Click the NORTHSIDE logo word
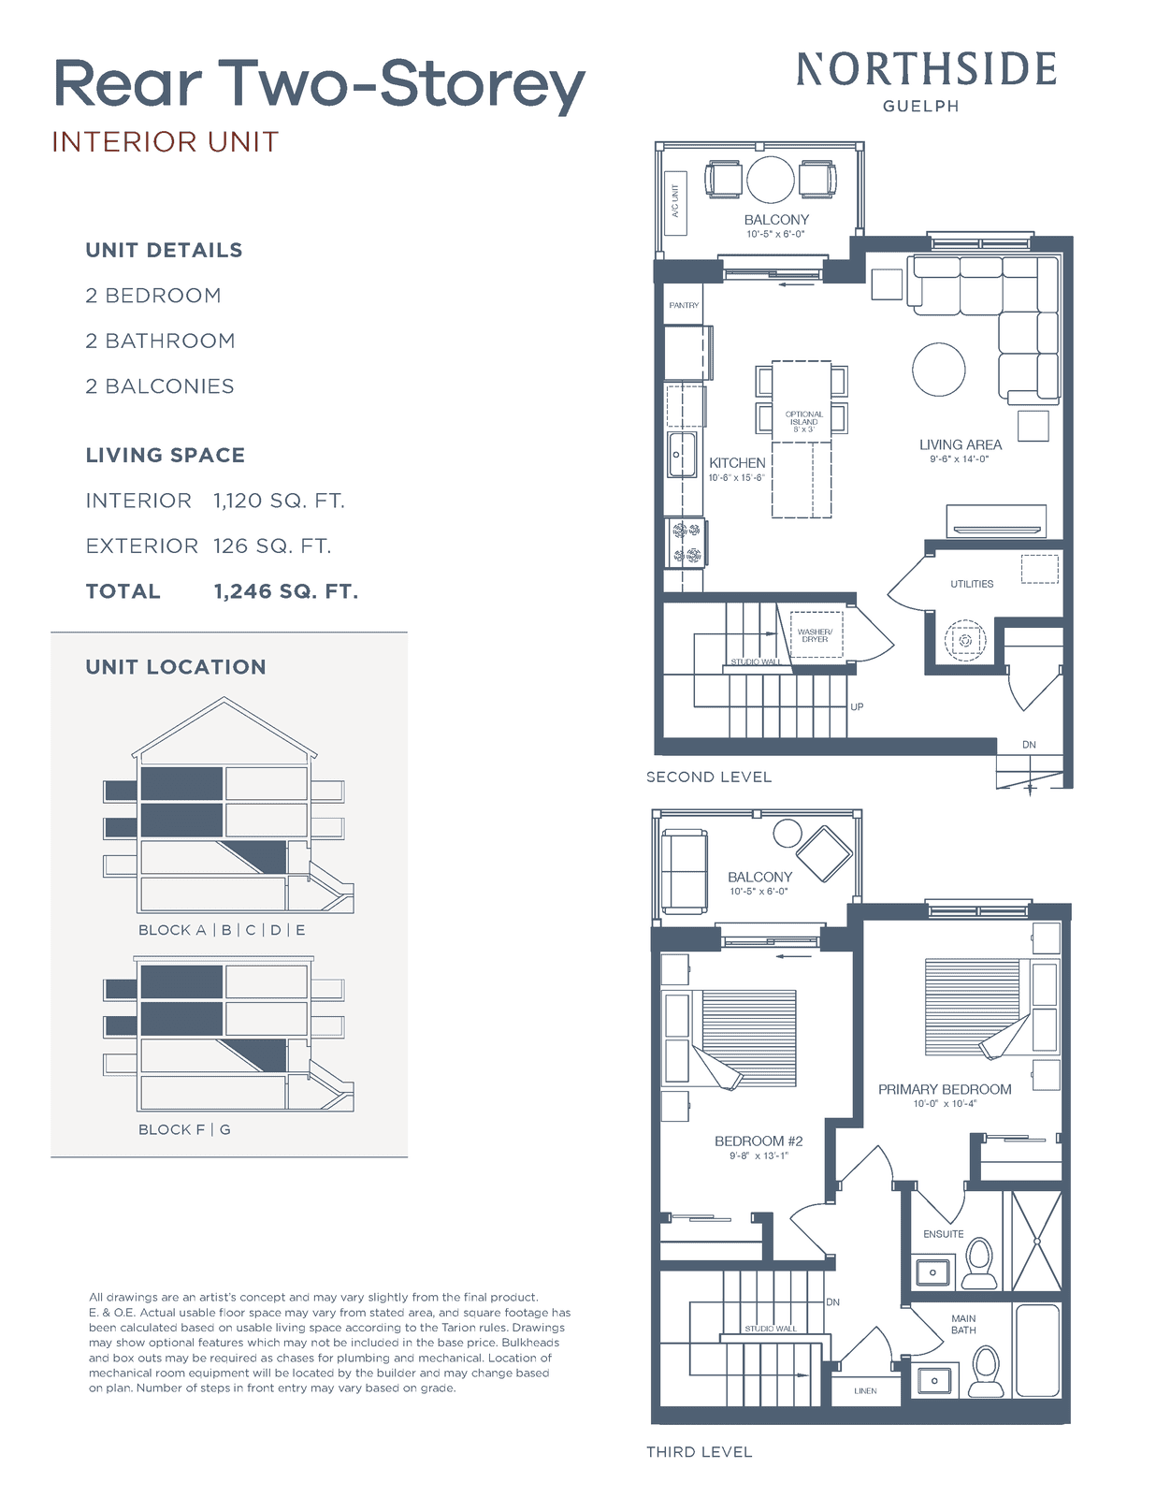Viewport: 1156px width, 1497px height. tap(926, 69)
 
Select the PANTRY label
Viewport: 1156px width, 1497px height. tap(684, 305)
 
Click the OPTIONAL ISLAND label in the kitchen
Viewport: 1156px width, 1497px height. tap(803, 422)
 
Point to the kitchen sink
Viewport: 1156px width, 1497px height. tap(682, 455)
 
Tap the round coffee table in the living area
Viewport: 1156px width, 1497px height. tap(938, 370)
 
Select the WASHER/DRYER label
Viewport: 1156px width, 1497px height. tap(815, 635)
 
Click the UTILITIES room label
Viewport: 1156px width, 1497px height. tap(972, 584)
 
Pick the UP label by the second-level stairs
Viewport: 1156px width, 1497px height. tap(857, 706)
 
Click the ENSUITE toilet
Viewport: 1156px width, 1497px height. tap(978, 1263)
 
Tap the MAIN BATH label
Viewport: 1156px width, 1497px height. tap(963, 1324)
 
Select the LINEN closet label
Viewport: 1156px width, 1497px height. tap(865, 1391)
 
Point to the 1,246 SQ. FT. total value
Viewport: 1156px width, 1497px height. tap(286, 591)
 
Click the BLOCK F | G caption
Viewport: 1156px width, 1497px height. tap(184, 1130)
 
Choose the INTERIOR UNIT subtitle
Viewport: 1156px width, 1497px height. tap(166, 142)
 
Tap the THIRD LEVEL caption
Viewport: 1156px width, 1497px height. tap(699, 1452)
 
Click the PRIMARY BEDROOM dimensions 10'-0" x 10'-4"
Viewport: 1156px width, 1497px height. tap(945, 1104)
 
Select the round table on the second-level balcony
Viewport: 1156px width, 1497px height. tap(771, 180)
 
